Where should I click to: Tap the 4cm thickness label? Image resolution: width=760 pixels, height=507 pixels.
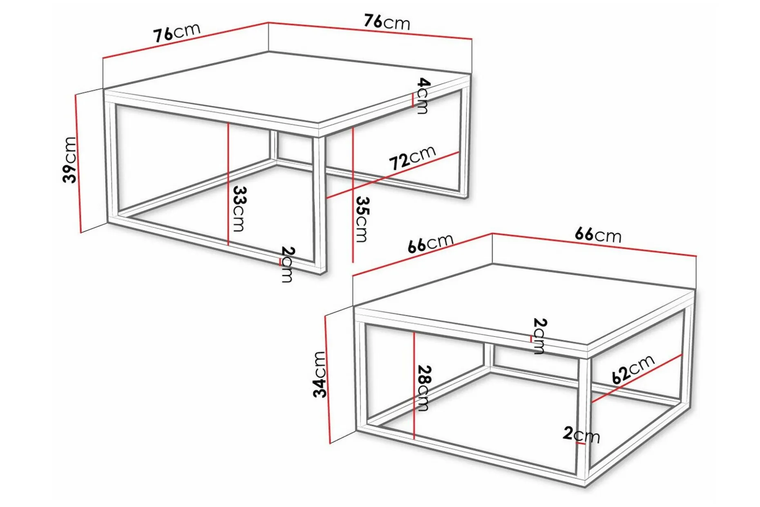point(423,96)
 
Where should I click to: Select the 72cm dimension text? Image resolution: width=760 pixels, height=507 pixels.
point(412,157)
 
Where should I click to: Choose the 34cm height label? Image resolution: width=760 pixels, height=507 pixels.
point(319,375)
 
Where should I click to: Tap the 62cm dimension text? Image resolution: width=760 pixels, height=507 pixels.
point(633,369)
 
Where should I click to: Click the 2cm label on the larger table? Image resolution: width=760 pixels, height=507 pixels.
point(288,265)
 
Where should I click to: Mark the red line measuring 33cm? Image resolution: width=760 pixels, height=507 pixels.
point(228,184)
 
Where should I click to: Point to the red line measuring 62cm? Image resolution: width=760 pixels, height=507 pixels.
point(637,379)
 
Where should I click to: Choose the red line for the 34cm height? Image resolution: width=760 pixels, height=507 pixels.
point(327,379)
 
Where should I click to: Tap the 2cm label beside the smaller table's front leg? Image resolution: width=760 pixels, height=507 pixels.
point(581,434)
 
